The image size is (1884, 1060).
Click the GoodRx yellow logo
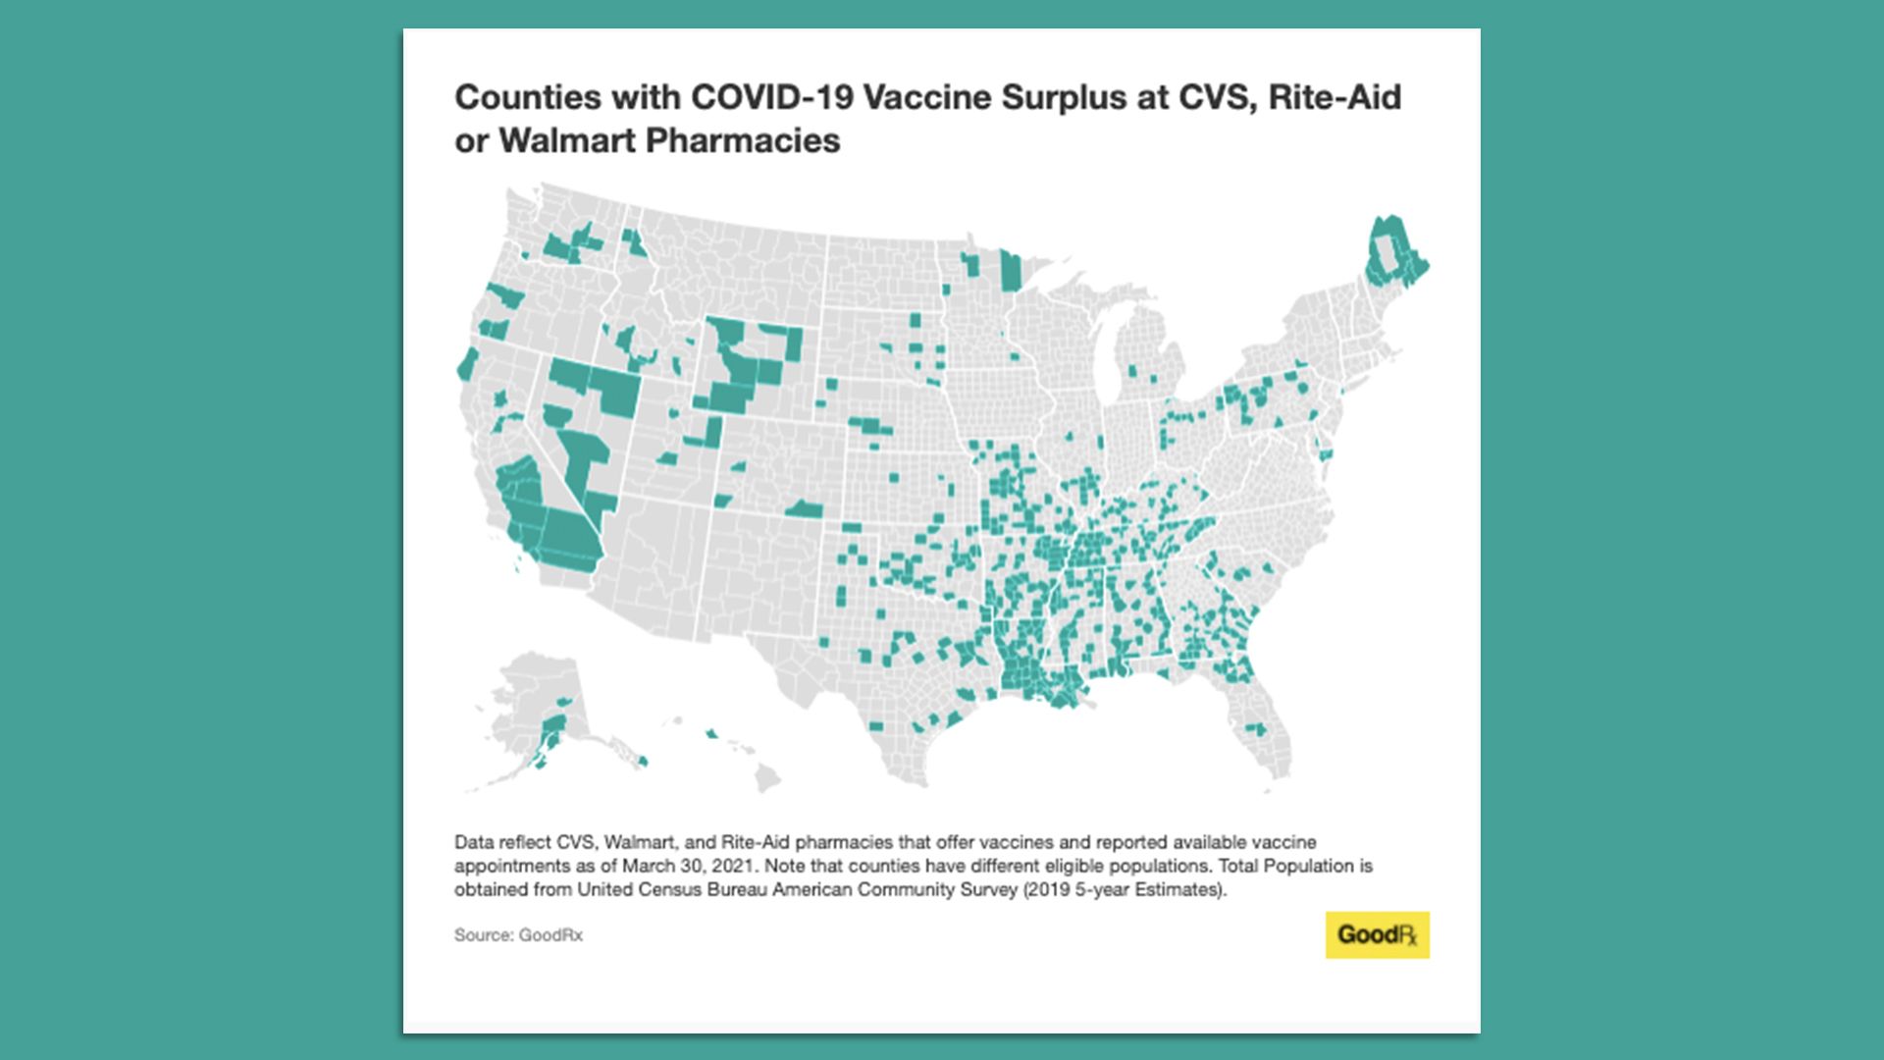click(x=1377, y=934)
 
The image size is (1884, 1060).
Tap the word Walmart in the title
click(x=567, y=140)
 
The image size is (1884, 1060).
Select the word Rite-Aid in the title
click(x=1334, y=97)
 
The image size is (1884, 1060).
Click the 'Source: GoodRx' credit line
click(x=518, y=934)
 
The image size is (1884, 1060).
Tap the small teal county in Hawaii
click(x=711, y=733)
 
